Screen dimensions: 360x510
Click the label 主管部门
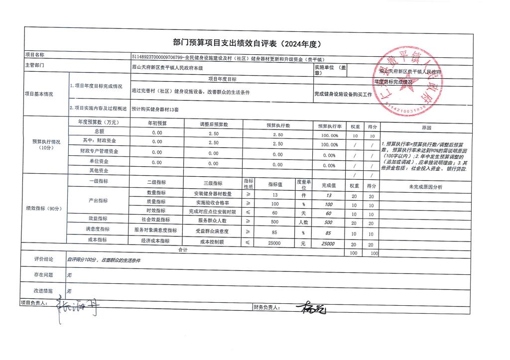coord(35,66)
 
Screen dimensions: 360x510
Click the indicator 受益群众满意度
coord(212,232)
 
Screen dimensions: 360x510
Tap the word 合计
coord(183,250)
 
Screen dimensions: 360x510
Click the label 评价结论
coord(44,260)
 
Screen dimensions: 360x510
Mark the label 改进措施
coord(44,290)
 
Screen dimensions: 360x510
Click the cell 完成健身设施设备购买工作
coord(343,94)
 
